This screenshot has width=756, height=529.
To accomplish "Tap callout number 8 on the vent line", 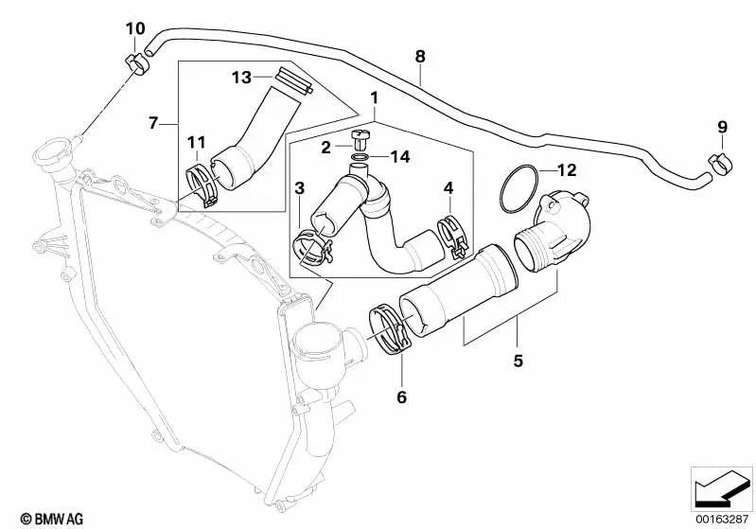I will coord(420,56).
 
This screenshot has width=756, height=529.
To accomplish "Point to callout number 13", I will coord(239,76).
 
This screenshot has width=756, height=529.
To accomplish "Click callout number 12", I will coord(566,171).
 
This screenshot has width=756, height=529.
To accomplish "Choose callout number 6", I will coord(401,397).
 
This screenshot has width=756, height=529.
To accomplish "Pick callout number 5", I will coord(519,361).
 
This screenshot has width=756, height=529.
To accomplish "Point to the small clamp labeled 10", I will coord(138,65).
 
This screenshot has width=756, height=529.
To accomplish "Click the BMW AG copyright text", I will coord(34,518).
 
